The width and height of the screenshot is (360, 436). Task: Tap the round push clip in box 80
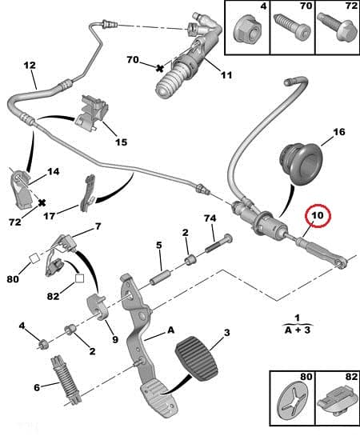[x=292, y=405]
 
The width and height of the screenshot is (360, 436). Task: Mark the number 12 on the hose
[x=30, y=65]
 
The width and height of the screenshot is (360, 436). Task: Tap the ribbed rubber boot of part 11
[x=171, y=86]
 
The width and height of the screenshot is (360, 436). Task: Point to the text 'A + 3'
[x=298, y=328]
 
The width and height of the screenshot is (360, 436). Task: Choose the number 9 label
[x=114, y=339]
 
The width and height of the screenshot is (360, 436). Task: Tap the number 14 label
[x=52, y=172]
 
